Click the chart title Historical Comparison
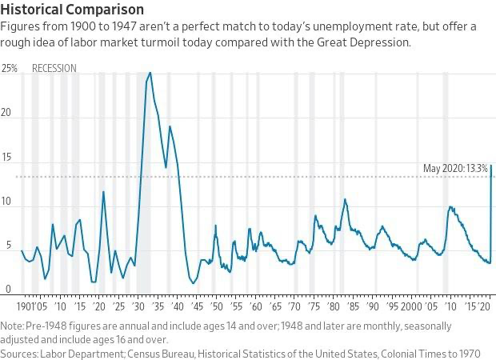(x=73, y=10)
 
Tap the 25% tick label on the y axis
(x=10, y=69)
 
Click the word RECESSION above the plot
(x=54, y=69)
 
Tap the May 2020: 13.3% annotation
(x=452, y=168)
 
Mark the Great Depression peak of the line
(x=150, y=73)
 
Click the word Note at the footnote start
(x=13, y=326)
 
